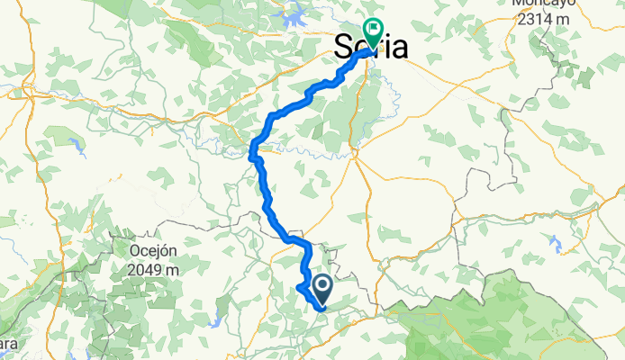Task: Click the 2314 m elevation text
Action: (x=543, y=18)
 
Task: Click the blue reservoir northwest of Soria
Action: (x=295, y=14)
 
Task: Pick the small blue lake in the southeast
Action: (x=555, y=243)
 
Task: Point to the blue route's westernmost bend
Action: (x=252, y=154)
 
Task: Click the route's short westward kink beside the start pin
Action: (x=300, y=287)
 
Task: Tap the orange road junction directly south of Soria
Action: (x=356, y=153)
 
